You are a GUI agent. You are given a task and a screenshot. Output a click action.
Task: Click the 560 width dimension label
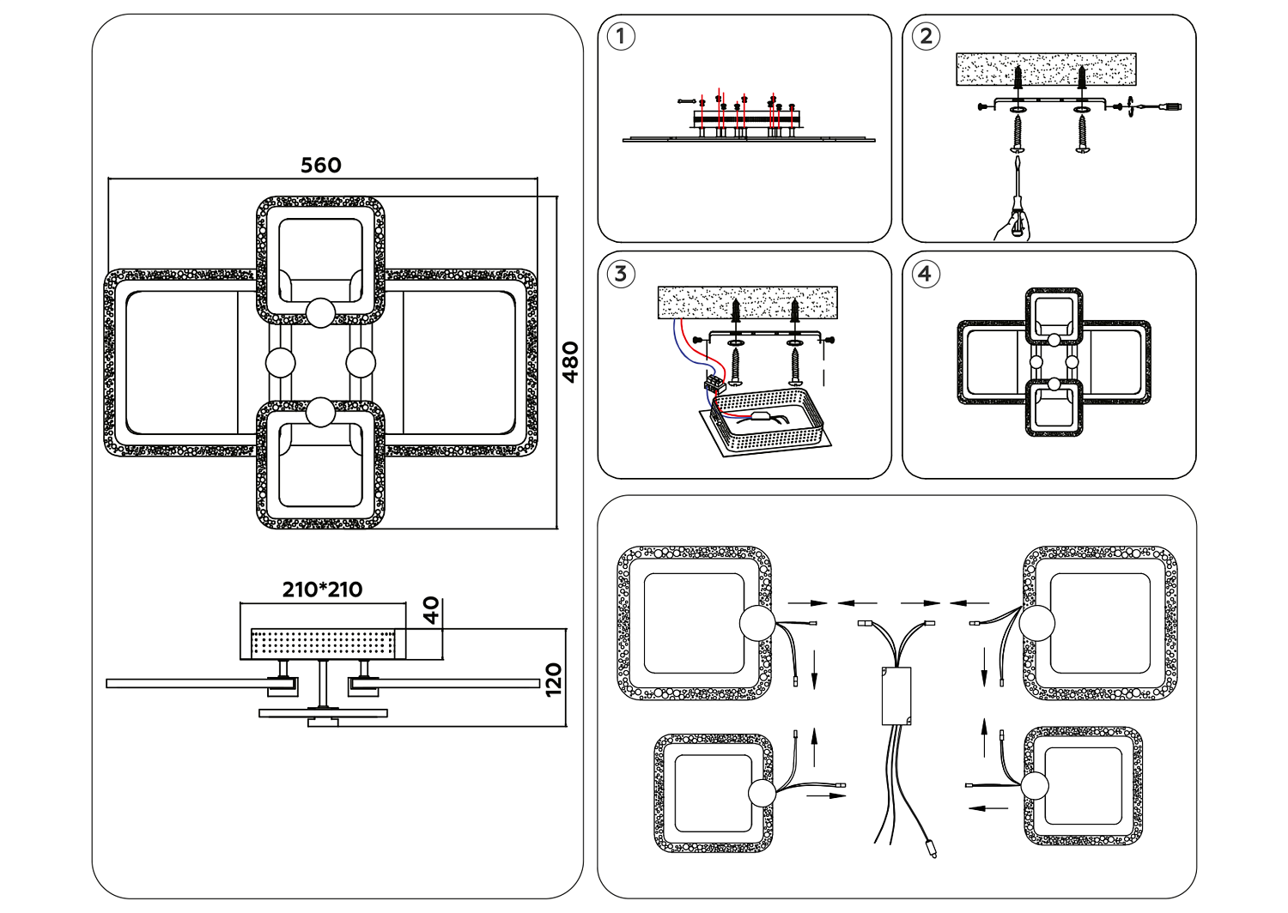coord(321,165)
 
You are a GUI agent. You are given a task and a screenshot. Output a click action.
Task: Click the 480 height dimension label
coord(569,362)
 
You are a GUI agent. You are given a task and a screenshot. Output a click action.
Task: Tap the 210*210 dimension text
coord(322,590)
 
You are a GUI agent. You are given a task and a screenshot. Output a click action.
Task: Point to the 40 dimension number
coord(432,610)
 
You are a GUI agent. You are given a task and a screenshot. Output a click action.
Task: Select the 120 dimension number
coord(554,680)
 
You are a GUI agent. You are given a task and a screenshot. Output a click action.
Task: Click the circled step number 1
coord(620,37)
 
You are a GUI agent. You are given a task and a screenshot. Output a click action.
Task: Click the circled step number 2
coord(925,36)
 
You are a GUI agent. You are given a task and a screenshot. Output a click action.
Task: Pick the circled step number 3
coord(620,274)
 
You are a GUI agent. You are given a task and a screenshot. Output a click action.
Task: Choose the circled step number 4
coord(924,274)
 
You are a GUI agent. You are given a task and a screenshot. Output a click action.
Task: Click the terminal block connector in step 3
coord(713,384)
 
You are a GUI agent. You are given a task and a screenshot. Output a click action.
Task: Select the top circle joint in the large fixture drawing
coord(320,312)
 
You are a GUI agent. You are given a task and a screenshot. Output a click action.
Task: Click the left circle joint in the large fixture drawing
coord(280,363)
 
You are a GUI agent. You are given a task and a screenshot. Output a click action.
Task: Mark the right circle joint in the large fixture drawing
coord(361,363)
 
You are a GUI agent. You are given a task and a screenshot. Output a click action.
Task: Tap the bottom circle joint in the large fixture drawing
coord(320,413)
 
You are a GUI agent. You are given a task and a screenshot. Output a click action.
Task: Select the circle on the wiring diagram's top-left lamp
coord(756,623)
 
